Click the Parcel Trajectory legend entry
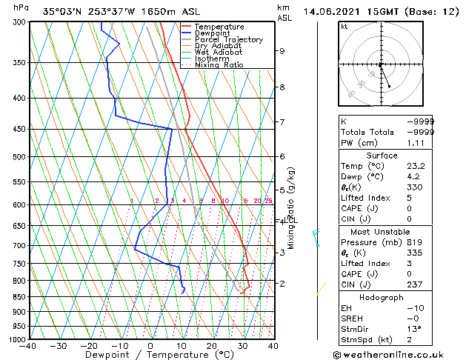(228, 39)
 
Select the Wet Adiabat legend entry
(219, 52)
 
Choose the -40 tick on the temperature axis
(29, 345)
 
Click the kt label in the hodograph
(344, 26)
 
